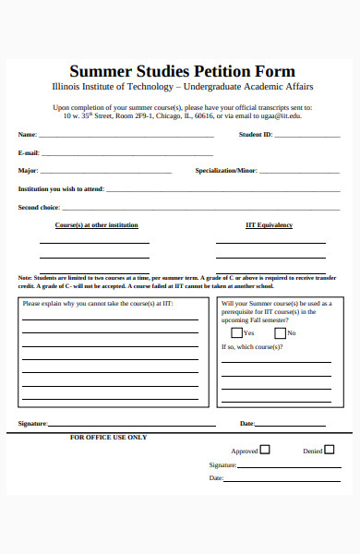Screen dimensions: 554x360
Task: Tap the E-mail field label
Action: click(x=29, y=152)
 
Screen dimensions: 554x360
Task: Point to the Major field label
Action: click(x=28, y=171)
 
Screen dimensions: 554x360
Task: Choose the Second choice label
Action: click(x=39, y=208)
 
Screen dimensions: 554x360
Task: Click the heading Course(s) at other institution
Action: click(x=97, y=225)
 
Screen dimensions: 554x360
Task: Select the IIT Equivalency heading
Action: click(x=269, y=225)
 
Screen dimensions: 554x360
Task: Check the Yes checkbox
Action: click(x=237, y=332)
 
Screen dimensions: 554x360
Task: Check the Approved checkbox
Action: click(x=265, y=451)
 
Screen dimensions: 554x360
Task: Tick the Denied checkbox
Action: click(x=330, y=451)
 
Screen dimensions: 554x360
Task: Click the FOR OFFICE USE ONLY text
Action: click(x=108, y=437)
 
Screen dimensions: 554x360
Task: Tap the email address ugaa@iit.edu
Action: click(x=282, y=116)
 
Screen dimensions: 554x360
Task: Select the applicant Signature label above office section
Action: click(x=32, y=424)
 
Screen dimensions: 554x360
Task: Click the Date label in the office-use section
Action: click(x=216, y=478)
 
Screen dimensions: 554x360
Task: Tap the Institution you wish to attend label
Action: click(x=61, y=189)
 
